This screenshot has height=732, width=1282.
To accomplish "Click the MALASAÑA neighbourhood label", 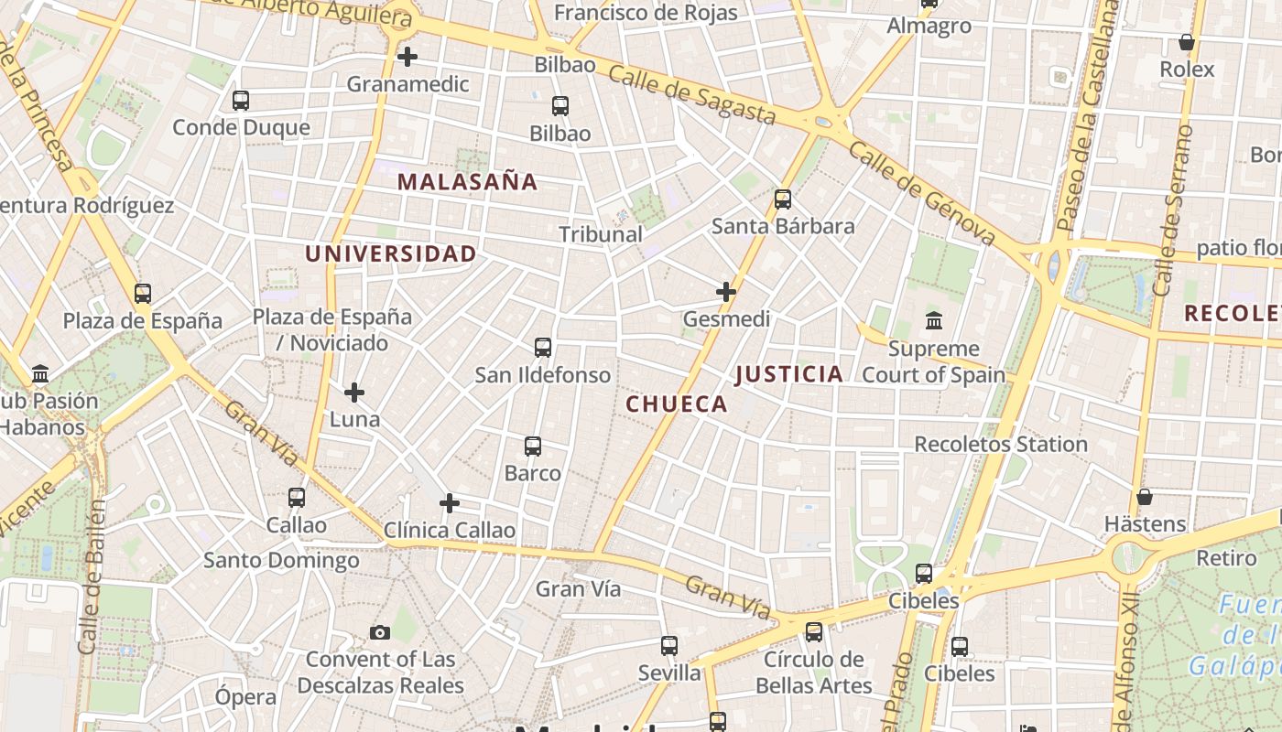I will (468, 182).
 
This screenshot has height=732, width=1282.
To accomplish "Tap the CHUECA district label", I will (677, 404).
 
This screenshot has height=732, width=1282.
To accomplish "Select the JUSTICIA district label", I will (788, 374).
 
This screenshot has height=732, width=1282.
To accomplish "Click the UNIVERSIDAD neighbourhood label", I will (391, 254).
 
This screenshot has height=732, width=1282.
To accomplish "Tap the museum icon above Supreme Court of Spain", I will (934, 321).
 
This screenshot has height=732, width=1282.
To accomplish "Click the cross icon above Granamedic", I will (407, 57).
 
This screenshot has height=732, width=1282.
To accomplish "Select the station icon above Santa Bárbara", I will (783, 199).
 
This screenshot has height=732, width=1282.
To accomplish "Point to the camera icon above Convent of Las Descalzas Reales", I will (380, 632).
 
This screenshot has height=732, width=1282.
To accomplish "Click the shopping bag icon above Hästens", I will (1145, 497).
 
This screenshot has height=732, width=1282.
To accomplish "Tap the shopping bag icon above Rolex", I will (1187, 42).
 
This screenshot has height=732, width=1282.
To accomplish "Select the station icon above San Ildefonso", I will (543, 348).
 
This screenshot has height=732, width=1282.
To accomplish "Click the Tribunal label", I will (601, 234).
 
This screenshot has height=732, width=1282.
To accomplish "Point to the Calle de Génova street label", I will (921, 193).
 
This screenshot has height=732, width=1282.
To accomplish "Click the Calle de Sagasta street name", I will (692, 95).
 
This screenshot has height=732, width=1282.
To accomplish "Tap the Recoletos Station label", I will (1001, 445).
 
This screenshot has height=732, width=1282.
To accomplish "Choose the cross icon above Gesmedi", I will (726, 292).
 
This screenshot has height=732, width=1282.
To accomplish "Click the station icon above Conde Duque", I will (241, 101).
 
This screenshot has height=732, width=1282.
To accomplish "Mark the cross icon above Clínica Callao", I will (450, 503).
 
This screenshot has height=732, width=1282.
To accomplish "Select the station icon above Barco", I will (533, 447).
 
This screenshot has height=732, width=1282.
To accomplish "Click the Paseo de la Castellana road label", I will (1088, 114).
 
